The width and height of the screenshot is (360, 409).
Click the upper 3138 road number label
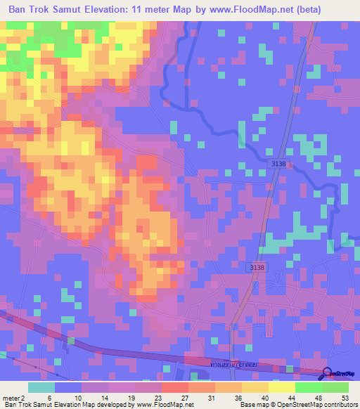tap(278, 163)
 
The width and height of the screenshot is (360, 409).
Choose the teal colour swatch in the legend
tap(41, 387)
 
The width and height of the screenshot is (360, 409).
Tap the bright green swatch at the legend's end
tap(335, 387)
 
